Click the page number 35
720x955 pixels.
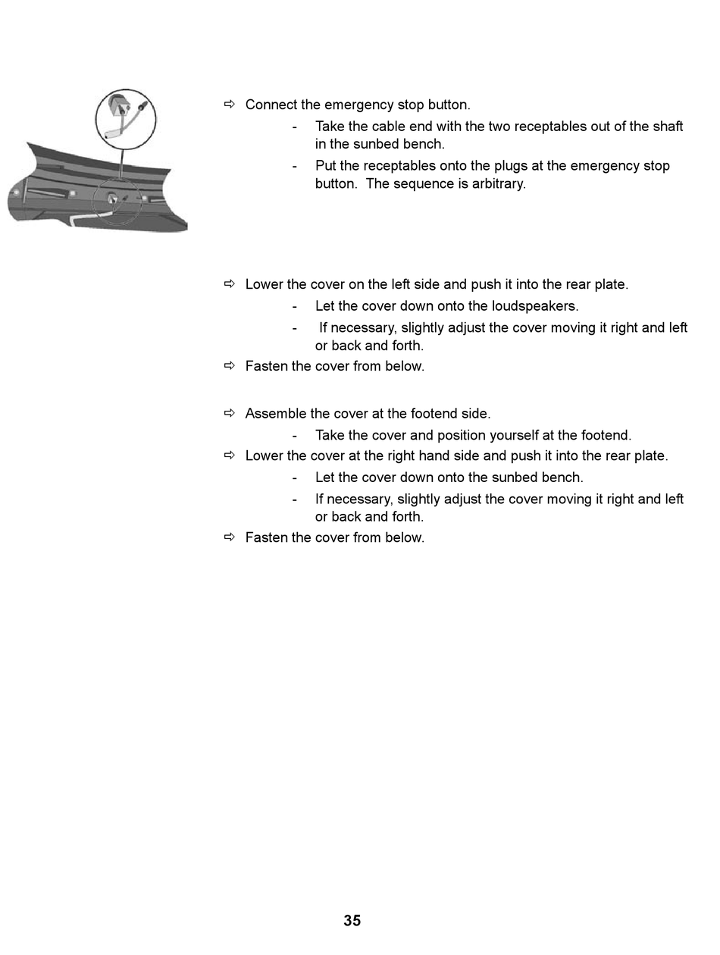click(x=352, y=921)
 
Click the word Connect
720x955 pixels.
click(x=271, y=105)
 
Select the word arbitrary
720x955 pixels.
click(x=498, y=183)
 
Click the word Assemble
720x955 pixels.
click(x=275, y=414)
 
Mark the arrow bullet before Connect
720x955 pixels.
click(x=230, y=105)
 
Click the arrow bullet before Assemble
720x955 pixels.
click(x=230, y=413)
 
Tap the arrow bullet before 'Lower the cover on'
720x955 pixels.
click(x=230, y=284)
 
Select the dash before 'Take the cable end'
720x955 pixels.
click(x=294, y=127)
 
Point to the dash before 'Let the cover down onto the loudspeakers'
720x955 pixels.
click(x=294, y=306)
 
